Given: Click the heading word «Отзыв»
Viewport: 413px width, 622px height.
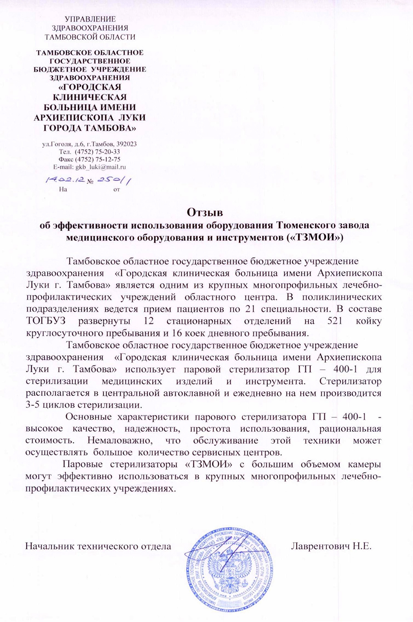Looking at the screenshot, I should [x=205, y=213].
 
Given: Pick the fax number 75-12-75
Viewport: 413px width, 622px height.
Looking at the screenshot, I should [x=104, y=159].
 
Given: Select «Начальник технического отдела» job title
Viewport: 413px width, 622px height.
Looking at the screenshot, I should [x=98, y=546].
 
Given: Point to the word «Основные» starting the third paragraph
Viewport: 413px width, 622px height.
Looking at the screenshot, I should [x=87, y=416].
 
